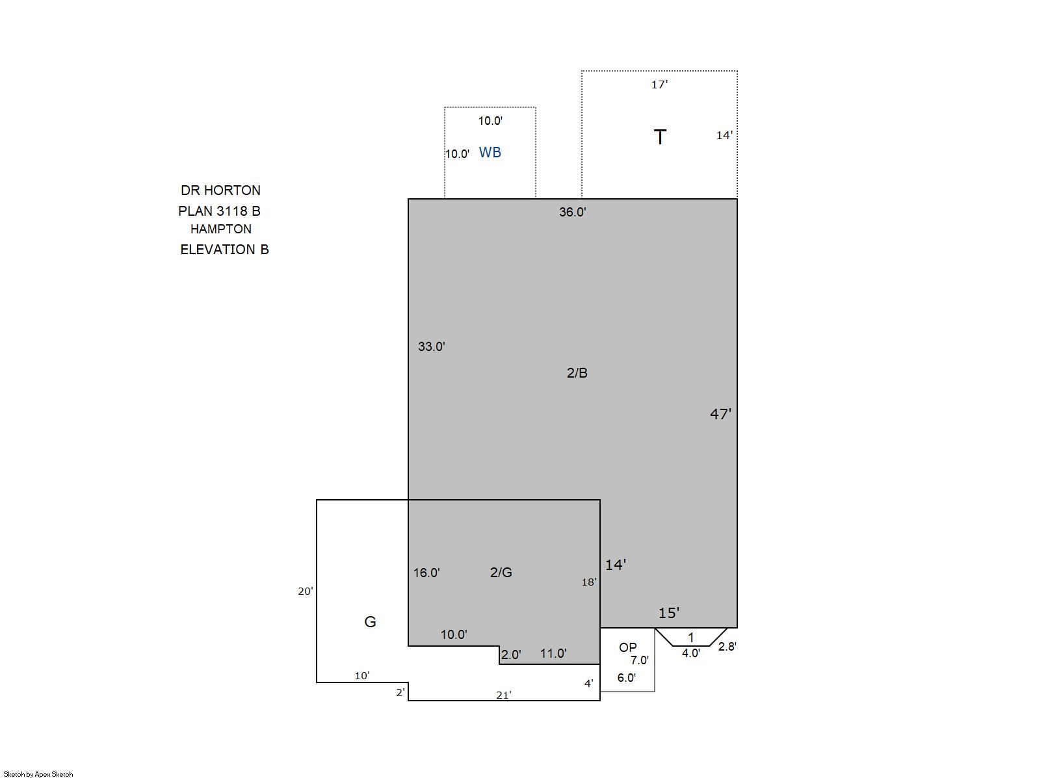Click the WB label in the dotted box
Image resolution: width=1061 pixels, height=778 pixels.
click(490, 153)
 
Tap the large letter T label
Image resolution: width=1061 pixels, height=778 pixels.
click(660, 137)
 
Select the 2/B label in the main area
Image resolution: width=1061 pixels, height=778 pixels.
click(577, 373)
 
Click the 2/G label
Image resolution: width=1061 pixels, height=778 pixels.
click(501, 573)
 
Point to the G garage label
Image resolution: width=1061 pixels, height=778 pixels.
click(370, 622)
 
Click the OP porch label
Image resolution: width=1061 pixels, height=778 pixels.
click(627, 647)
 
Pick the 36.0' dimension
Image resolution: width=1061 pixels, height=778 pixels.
click(572, 212)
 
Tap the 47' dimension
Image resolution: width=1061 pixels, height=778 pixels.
click(720, 414)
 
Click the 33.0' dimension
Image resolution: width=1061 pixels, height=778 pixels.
click(431, 346)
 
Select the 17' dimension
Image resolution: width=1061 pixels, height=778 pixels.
click(659, 84)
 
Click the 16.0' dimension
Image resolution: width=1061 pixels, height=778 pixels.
click(426, 573)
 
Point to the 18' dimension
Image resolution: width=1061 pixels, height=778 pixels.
click(589, 582)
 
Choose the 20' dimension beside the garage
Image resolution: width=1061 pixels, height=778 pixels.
click(306, 591)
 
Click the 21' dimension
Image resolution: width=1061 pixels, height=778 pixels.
click(503, 695)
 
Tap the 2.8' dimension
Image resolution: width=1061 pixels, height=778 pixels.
click(727, 646)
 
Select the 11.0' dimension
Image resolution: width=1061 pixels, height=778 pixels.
click(553, 653)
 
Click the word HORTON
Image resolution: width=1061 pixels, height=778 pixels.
click(232, 190)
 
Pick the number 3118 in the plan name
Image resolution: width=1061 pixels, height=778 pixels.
click(232, 211)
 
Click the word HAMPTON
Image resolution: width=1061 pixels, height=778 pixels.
click(221, 229)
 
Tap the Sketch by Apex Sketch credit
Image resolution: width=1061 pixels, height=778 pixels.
click(38, 774)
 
